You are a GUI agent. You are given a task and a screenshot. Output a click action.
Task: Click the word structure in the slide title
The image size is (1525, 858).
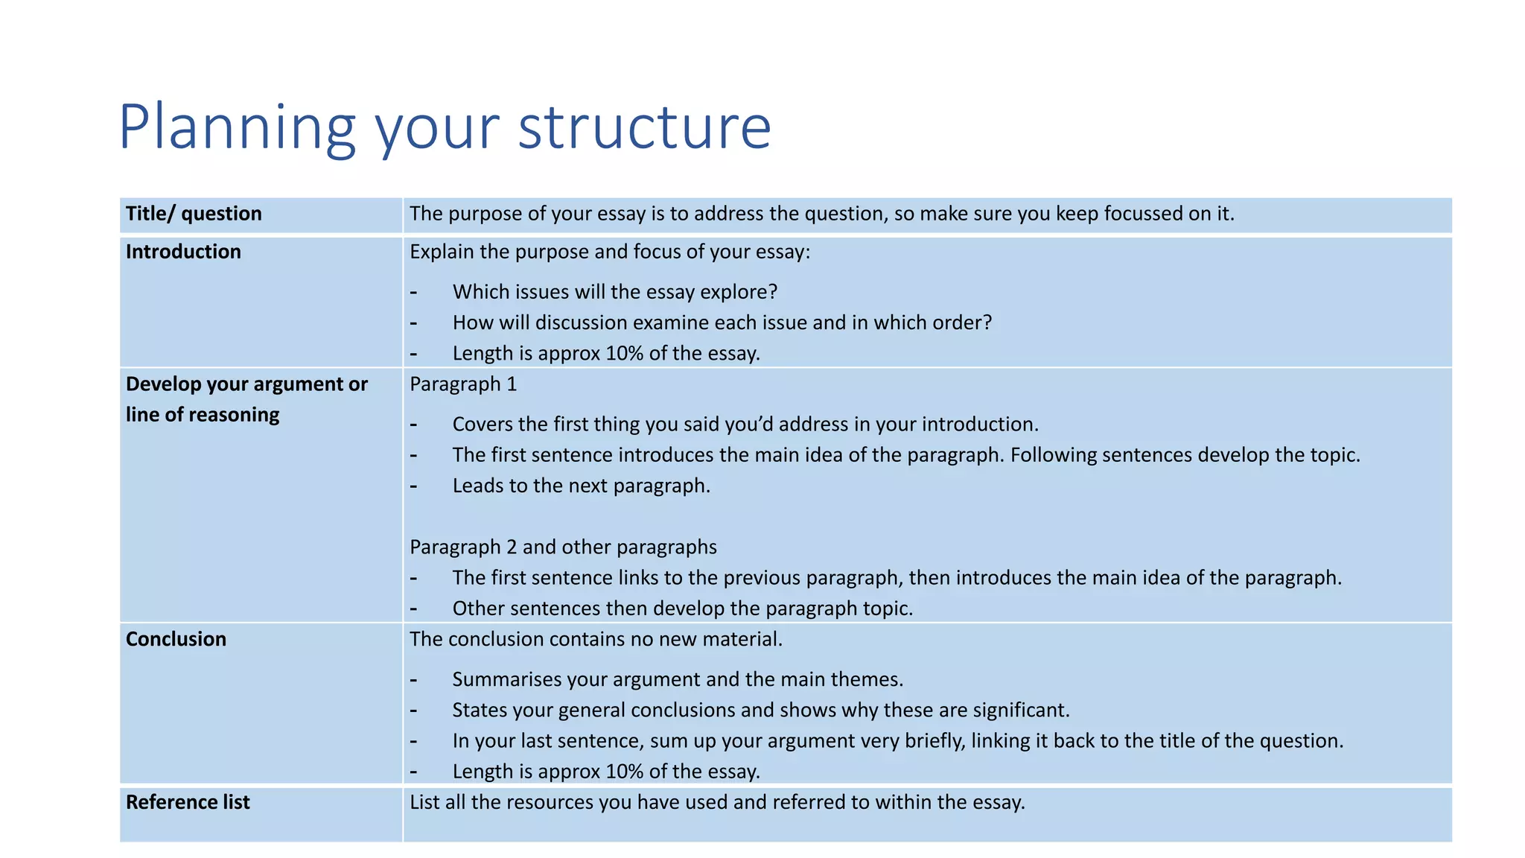pyautogui.click(x=644, y=128)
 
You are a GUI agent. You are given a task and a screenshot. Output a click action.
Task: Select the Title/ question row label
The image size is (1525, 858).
pyautogui.click(x=194, y=214)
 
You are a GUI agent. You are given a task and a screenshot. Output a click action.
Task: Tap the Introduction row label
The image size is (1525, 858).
pyautogui.click(x=183, y=252)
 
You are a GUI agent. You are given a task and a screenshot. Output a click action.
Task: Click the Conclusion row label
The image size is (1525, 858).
pyautogui.click(x=176, y=639)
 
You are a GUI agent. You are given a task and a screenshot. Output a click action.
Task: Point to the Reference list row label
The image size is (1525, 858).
pyautogui.click(x=188, y=802)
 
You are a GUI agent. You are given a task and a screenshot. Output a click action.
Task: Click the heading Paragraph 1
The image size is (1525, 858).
pyautogui.click(x=462, y=384)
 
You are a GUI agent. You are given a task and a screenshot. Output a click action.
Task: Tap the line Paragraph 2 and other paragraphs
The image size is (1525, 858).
pyautogui.click(x=563, y=547)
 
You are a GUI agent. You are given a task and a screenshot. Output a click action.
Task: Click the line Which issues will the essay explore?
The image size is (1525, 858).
pyautogui.click(x=614, y=292)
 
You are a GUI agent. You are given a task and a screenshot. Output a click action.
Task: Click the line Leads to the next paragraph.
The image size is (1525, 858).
pyautogui.click(x=581, y=486)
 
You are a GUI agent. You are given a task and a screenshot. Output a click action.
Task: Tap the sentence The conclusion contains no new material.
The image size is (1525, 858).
pyautogui.click(x=596, y=639)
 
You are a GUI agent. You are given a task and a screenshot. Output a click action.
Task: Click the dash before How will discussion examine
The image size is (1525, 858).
pyautogui.click(x=413, y=323)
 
